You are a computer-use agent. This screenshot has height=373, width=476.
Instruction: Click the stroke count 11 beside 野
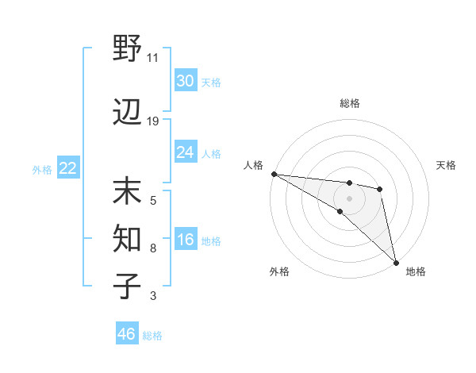[x=153, y=58]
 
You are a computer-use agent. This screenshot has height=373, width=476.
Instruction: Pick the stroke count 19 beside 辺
[x=153, y=121]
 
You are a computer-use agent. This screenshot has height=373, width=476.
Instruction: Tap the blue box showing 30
[x=185, y=81]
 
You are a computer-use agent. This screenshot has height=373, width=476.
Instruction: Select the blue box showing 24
[x=185, y=152]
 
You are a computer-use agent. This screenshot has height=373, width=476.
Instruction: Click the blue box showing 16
[x=185, y=240]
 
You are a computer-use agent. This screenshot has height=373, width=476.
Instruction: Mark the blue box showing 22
[x=67, y=168]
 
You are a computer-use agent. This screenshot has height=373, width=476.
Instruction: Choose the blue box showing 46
[x=127, y=334]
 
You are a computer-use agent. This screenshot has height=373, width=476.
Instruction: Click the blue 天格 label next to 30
[x=211, y=82]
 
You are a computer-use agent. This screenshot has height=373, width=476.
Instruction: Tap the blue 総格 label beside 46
[x=152, y=335]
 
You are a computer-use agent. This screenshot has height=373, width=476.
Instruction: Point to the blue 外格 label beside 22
[x=42, y=169]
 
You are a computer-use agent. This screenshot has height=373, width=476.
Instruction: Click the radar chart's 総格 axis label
[x=350, y=103]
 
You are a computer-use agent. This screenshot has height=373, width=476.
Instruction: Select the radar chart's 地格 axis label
[x=416, y=271]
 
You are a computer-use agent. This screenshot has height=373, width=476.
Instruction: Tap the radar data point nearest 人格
[x=274, y=174]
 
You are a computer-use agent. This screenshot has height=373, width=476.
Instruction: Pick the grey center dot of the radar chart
[x=349, y=198]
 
